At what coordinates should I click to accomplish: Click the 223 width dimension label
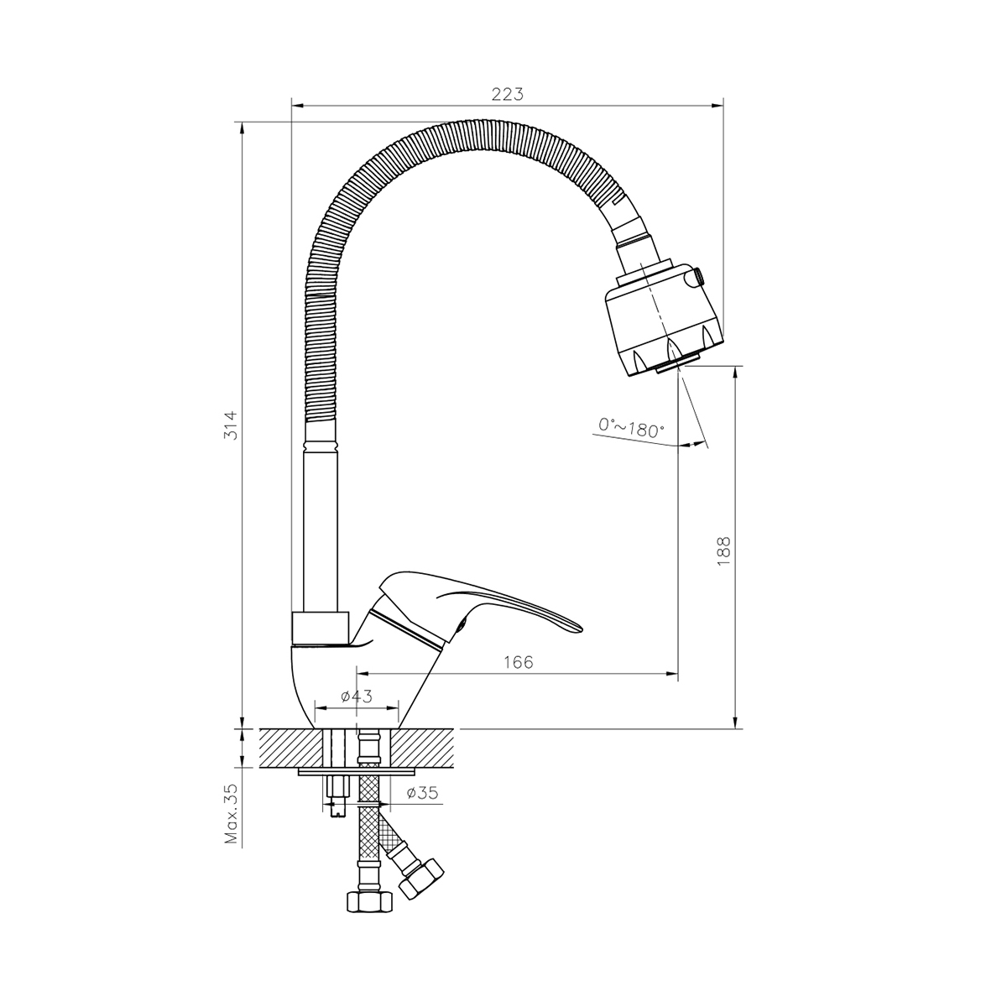[x=507, y=95]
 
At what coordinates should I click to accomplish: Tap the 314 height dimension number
[x=231, y=425]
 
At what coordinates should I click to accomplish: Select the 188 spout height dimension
[x=723, y=551]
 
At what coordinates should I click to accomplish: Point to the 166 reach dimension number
[x=519, y=663]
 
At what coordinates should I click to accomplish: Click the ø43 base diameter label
[x=357, y=696]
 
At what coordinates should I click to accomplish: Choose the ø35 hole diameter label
[x=422, y=793]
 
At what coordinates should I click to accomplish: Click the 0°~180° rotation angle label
[x=631, y=428]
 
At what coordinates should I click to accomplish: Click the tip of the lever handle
[x=581, y=629]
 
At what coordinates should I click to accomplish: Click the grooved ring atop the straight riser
[x=321, y=446]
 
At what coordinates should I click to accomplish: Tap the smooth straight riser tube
[x=321, y=532]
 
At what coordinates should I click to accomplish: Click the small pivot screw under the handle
[x=462, y=623]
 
